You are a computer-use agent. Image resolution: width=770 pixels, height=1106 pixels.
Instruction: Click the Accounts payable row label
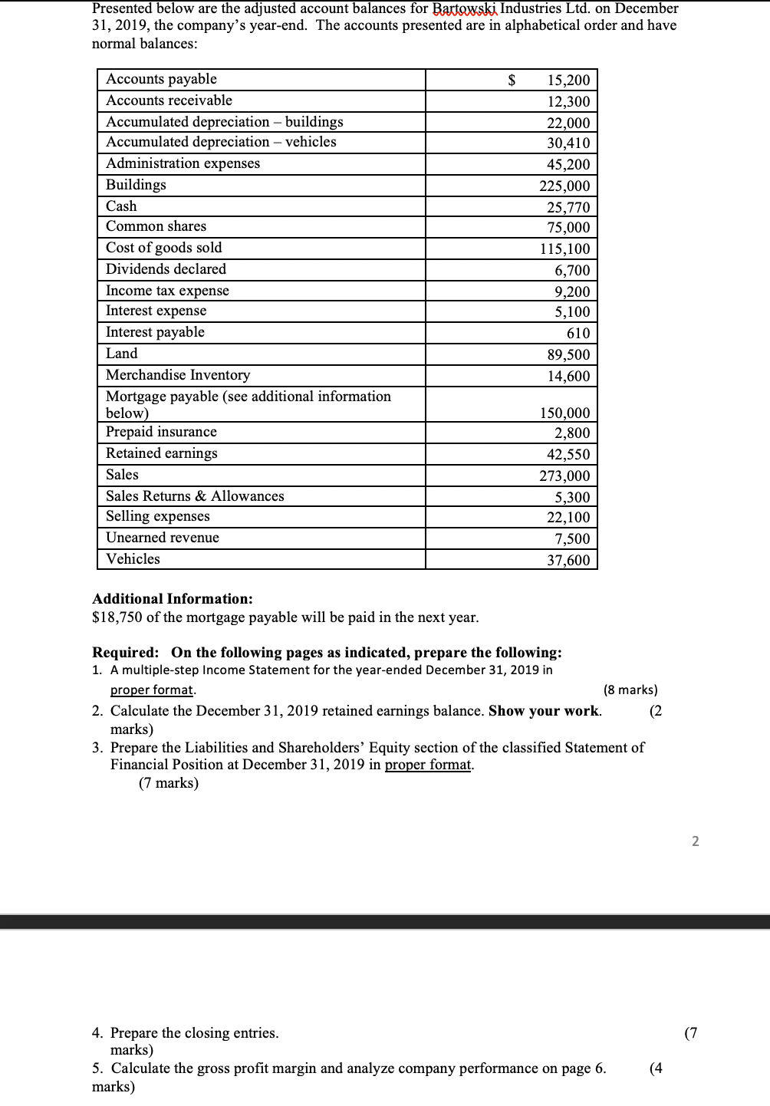161,79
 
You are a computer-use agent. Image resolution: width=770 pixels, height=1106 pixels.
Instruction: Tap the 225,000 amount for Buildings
564,186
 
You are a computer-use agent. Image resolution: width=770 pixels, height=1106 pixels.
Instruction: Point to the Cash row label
121,206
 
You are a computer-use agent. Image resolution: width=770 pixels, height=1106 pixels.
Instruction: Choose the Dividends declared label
166,269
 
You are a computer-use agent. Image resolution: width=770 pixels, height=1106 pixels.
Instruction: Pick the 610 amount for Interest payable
577,333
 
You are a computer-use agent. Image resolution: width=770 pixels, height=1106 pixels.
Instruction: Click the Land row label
122,354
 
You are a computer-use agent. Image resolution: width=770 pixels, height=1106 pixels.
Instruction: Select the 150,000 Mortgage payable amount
564,413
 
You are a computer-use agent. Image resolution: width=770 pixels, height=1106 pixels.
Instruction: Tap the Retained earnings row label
161,453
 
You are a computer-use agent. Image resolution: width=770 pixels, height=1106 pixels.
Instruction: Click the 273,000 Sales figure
564,476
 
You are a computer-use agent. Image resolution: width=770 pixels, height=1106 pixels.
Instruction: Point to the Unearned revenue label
162,538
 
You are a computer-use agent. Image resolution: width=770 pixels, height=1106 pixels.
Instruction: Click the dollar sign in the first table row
512,80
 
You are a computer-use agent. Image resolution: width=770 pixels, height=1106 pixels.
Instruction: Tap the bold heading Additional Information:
172,599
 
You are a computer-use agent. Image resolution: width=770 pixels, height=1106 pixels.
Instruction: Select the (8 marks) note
630,690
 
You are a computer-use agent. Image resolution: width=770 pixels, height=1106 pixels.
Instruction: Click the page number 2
695,841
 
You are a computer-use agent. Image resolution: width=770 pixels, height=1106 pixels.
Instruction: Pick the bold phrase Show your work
544,710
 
